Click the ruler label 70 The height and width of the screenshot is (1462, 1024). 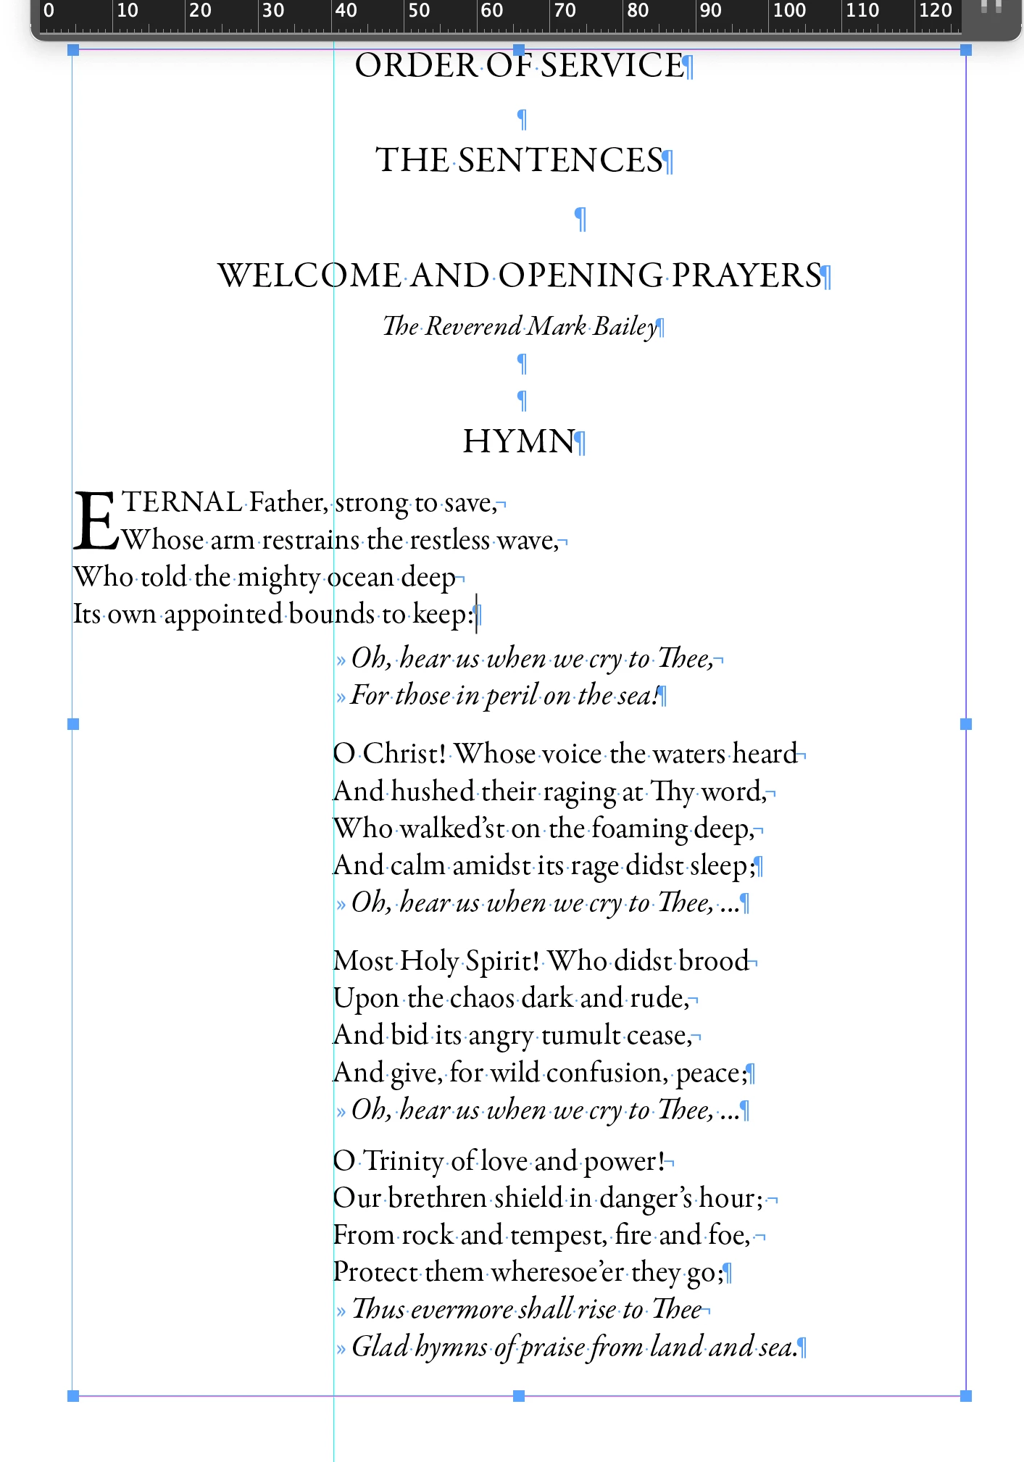[565, 11]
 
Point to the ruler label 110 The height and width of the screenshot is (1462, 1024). [862, 11]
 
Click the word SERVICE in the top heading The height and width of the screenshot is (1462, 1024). [612, 66]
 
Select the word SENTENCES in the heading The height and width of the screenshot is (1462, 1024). [560, 161]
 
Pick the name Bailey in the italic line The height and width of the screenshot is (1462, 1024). [625, 327]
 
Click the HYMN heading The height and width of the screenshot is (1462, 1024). [519, 441]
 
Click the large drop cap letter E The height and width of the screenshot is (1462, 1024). [95, 521]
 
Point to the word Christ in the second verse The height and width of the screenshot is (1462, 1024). [403, 754]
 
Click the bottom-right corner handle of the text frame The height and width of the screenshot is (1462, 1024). [965, 1395]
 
